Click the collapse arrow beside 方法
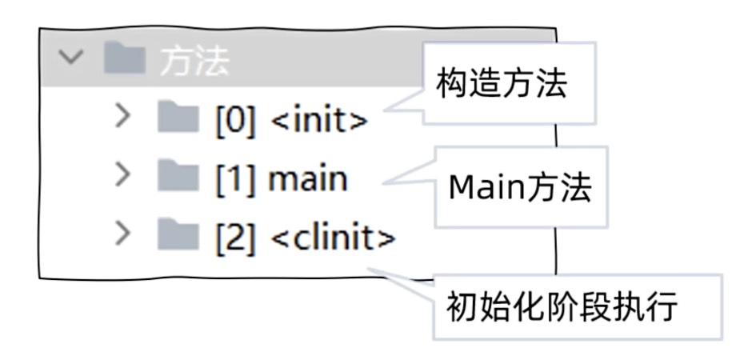(71, 59)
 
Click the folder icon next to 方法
(125, 61)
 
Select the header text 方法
(194, 62)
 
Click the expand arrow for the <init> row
(122, 117)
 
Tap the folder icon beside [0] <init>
(176, 118)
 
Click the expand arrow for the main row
(122, 175)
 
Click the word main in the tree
(308, 178)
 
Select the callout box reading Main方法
(520, 187)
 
